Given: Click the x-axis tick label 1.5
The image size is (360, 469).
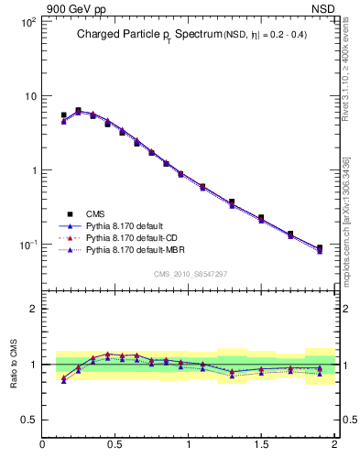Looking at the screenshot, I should click(261, 445).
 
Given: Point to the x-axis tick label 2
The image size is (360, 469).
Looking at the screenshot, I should click(333, 445).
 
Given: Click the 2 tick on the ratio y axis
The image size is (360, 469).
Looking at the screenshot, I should click(32, 309).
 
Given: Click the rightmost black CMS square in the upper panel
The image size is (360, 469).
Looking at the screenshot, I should click(319, 248).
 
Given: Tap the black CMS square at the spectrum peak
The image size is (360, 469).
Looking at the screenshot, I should click(78, 111).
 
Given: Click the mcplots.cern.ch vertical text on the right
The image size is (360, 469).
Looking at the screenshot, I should click(345, 220).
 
